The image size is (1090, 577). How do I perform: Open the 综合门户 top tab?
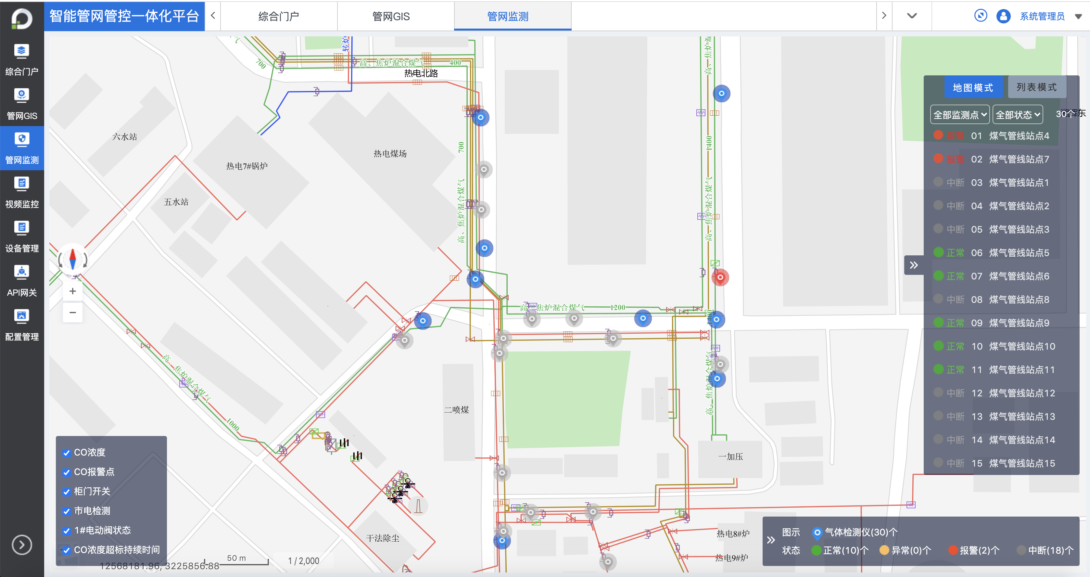[x=278, y=17]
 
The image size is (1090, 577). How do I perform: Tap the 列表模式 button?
[x=1036, y=87]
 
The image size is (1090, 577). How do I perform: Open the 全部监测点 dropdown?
[x=959, y=115]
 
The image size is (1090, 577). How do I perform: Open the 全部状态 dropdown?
[x=1017, y=115]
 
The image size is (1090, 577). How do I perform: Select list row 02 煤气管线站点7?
[x=1009, y=159]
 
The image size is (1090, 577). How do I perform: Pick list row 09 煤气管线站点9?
[x=1009, y=323]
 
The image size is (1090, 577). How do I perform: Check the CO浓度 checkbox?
[x=67, y=453]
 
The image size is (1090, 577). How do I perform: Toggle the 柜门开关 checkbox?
[x=67, y=492]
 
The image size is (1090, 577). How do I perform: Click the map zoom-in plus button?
[x=73, y=291]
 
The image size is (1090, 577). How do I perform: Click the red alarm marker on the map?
[x=720, y=277]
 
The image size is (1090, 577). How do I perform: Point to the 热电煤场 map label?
[x=390, y=154]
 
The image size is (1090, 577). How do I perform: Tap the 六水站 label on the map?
[x=124, y=137]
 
